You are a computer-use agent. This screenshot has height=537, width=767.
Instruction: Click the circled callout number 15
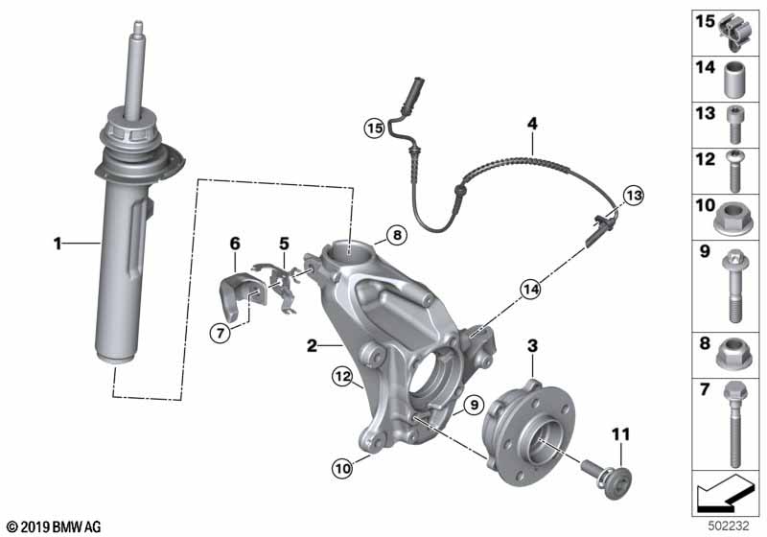coord(374,128)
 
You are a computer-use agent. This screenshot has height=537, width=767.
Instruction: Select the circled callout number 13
coord(634,196)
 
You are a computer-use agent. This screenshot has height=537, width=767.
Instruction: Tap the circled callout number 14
coord(531,290)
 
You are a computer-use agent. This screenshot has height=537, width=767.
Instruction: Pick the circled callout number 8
coord(397,235)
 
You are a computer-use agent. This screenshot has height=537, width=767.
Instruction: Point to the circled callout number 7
coord(221,334)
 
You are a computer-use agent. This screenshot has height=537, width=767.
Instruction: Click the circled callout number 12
coord(342,377)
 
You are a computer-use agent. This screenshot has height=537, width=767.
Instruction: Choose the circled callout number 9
coord(474,405)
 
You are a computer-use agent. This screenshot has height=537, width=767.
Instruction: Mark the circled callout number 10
coord(342,469)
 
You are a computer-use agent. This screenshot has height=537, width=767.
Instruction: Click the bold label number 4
coord(532,124)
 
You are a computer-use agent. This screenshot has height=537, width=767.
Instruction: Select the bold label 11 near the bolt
coord(620,434)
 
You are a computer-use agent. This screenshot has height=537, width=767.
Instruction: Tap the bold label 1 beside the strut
coord(58,243)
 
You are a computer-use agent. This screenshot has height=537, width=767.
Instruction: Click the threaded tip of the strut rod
coord(138,26)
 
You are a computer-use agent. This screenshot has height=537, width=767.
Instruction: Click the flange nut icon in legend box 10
coord(732,219)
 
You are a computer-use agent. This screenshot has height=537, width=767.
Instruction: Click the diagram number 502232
coord(729,525)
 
